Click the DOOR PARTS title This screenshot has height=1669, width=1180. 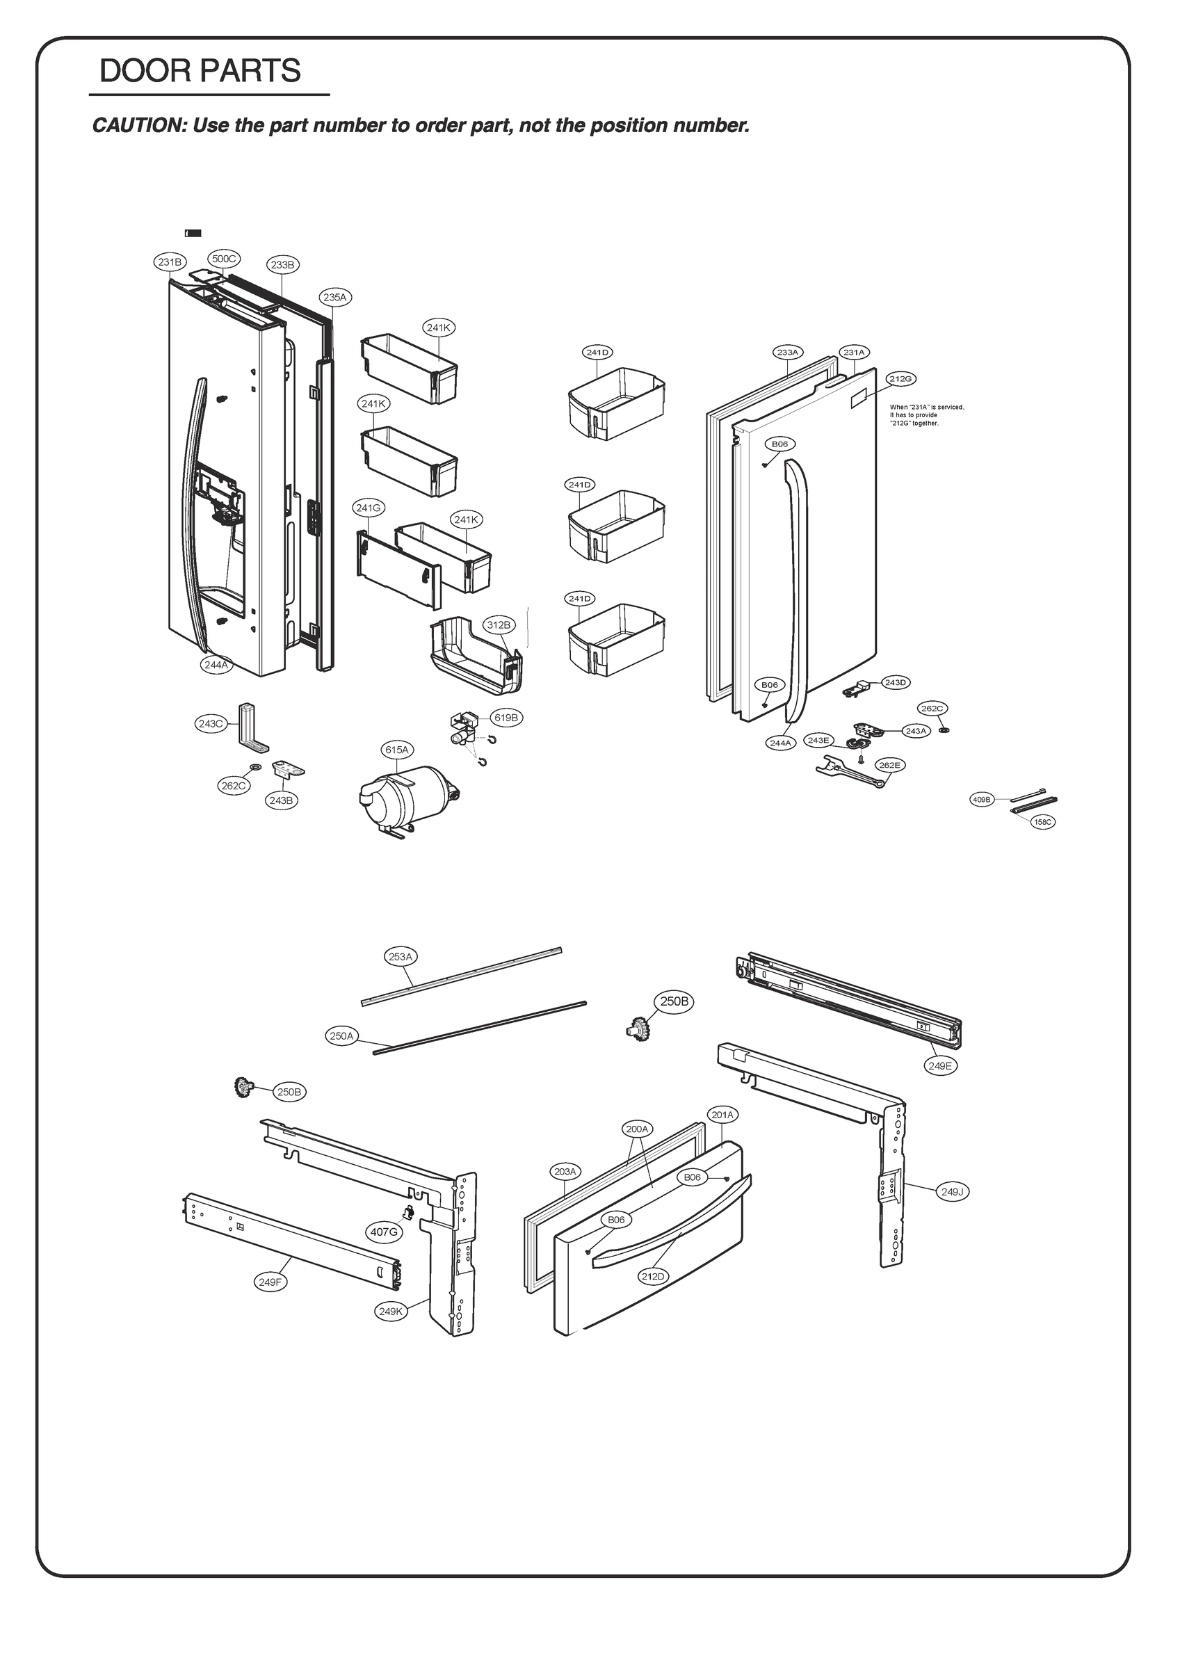click(200, 71)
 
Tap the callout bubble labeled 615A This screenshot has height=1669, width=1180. click(398, 750)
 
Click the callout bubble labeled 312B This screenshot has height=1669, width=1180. click(499, 624)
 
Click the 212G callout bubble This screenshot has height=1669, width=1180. click(900, 379)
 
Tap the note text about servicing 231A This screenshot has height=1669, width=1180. click(926, 415)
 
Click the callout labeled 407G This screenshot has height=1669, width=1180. click(384, 1232)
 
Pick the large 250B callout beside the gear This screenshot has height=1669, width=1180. click(673, 1001)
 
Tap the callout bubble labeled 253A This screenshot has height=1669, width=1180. click(401, 957)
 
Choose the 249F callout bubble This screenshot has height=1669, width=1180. click(270, 1303)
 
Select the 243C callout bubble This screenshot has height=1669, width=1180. click(210, 724)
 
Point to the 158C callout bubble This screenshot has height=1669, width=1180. click(1042, 821)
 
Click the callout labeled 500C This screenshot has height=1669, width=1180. click(224, 259)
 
